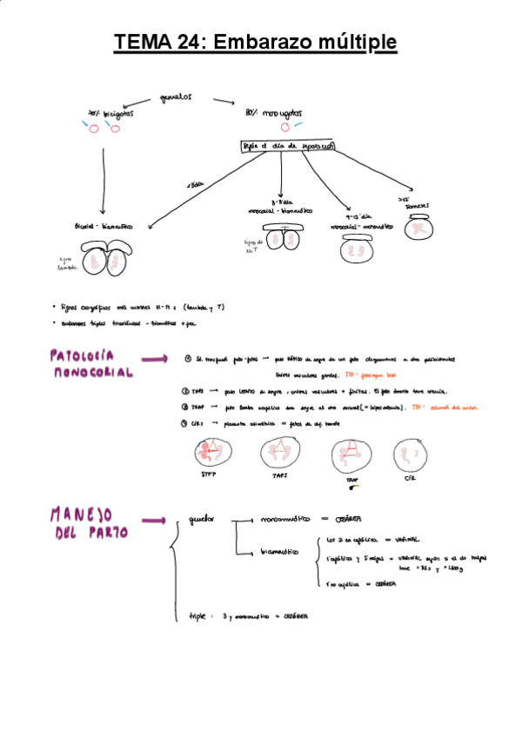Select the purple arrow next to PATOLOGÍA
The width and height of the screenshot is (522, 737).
click(155, 357)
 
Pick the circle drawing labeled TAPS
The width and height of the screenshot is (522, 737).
click(280, 455)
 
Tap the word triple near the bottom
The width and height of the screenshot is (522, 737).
click(199, 615)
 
